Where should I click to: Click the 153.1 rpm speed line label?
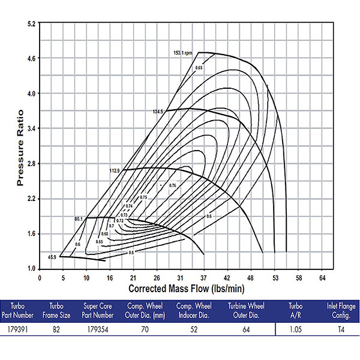coord(183,53)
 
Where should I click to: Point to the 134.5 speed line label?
coord(158,112)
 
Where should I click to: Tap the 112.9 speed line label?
coord(115,171)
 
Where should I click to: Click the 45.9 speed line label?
coord(53,257)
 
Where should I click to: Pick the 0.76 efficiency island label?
coord(172,185)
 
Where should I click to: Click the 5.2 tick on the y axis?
coord(32,23)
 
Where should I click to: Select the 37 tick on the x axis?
coord(203,278)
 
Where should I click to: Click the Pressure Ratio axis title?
coord(19,146)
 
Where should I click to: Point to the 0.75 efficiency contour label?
coord(143,197)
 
